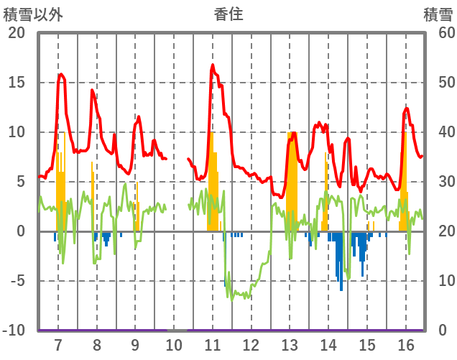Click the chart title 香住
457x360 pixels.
[228, 14]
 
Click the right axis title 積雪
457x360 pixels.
[438, 14]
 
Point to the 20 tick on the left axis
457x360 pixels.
[16, 33]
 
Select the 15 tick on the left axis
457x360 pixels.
[16, 83]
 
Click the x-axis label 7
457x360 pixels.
[58, 345]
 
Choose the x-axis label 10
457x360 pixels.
[174, 345]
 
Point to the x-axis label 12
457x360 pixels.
[251, 345]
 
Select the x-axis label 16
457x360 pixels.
[405, 345]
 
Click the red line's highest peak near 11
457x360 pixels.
[213, 65]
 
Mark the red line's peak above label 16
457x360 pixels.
[407, 109]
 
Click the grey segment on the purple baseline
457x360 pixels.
[177, 331]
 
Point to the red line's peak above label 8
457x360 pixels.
[92, 90]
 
